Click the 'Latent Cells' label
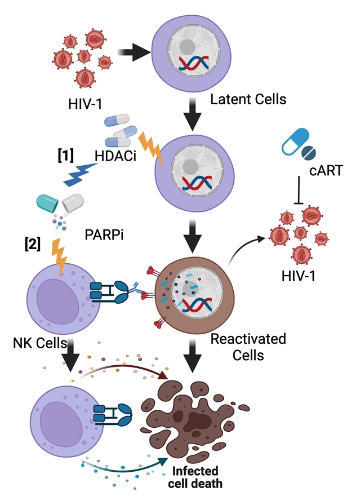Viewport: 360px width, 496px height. point(248,101)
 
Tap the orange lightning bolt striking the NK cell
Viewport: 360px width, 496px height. point(59,257)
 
